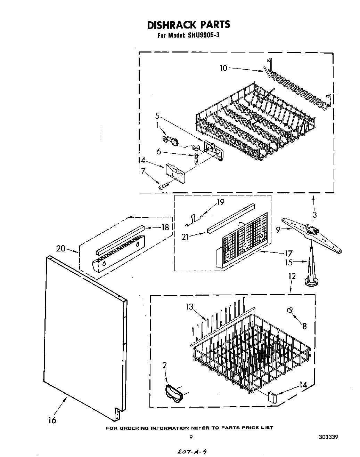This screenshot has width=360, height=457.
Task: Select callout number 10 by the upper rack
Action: [x=223, y=68]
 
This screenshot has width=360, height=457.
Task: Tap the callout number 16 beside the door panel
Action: [x=52, y=420]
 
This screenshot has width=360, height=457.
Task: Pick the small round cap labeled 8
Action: [x=289, y=311]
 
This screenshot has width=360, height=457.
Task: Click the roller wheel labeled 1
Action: [x=170, y=140]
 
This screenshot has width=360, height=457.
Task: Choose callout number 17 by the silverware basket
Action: [x=288, y=254]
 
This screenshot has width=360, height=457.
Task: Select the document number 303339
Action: [x=329, y=437]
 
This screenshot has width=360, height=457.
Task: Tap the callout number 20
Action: [x=60, y=248]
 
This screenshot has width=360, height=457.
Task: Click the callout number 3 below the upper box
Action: [x=314, y=215]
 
